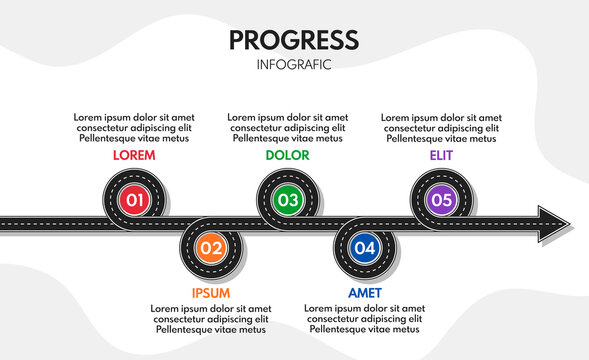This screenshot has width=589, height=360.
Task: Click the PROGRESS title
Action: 293,40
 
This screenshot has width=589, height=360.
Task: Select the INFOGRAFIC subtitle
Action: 293,65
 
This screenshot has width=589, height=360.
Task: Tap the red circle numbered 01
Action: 135,200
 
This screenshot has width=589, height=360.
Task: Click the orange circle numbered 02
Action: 211,247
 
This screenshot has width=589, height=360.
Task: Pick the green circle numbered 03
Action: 288,200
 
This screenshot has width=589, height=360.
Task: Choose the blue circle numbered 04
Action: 365,247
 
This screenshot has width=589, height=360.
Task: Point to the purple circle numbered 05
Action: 441,200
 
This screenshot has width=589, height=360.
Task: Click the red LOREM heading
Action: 134,156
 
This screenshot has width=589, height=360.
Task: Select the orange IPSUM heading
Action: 211,293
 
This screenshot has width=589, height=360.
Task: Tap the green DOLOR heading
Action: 288,156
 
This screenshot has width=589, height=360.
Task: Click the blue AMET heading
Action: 364,293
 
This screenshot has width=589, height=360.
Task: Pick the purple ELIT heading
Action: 441,156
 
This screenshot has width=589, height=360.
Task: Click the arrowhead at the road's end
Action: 553,223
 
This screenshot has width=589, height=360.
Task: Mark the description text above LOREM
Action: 134,128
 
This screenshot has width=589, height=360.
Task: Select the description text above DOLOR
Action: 288,128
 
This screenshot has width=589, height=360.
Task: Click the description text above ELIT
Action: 441,128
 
